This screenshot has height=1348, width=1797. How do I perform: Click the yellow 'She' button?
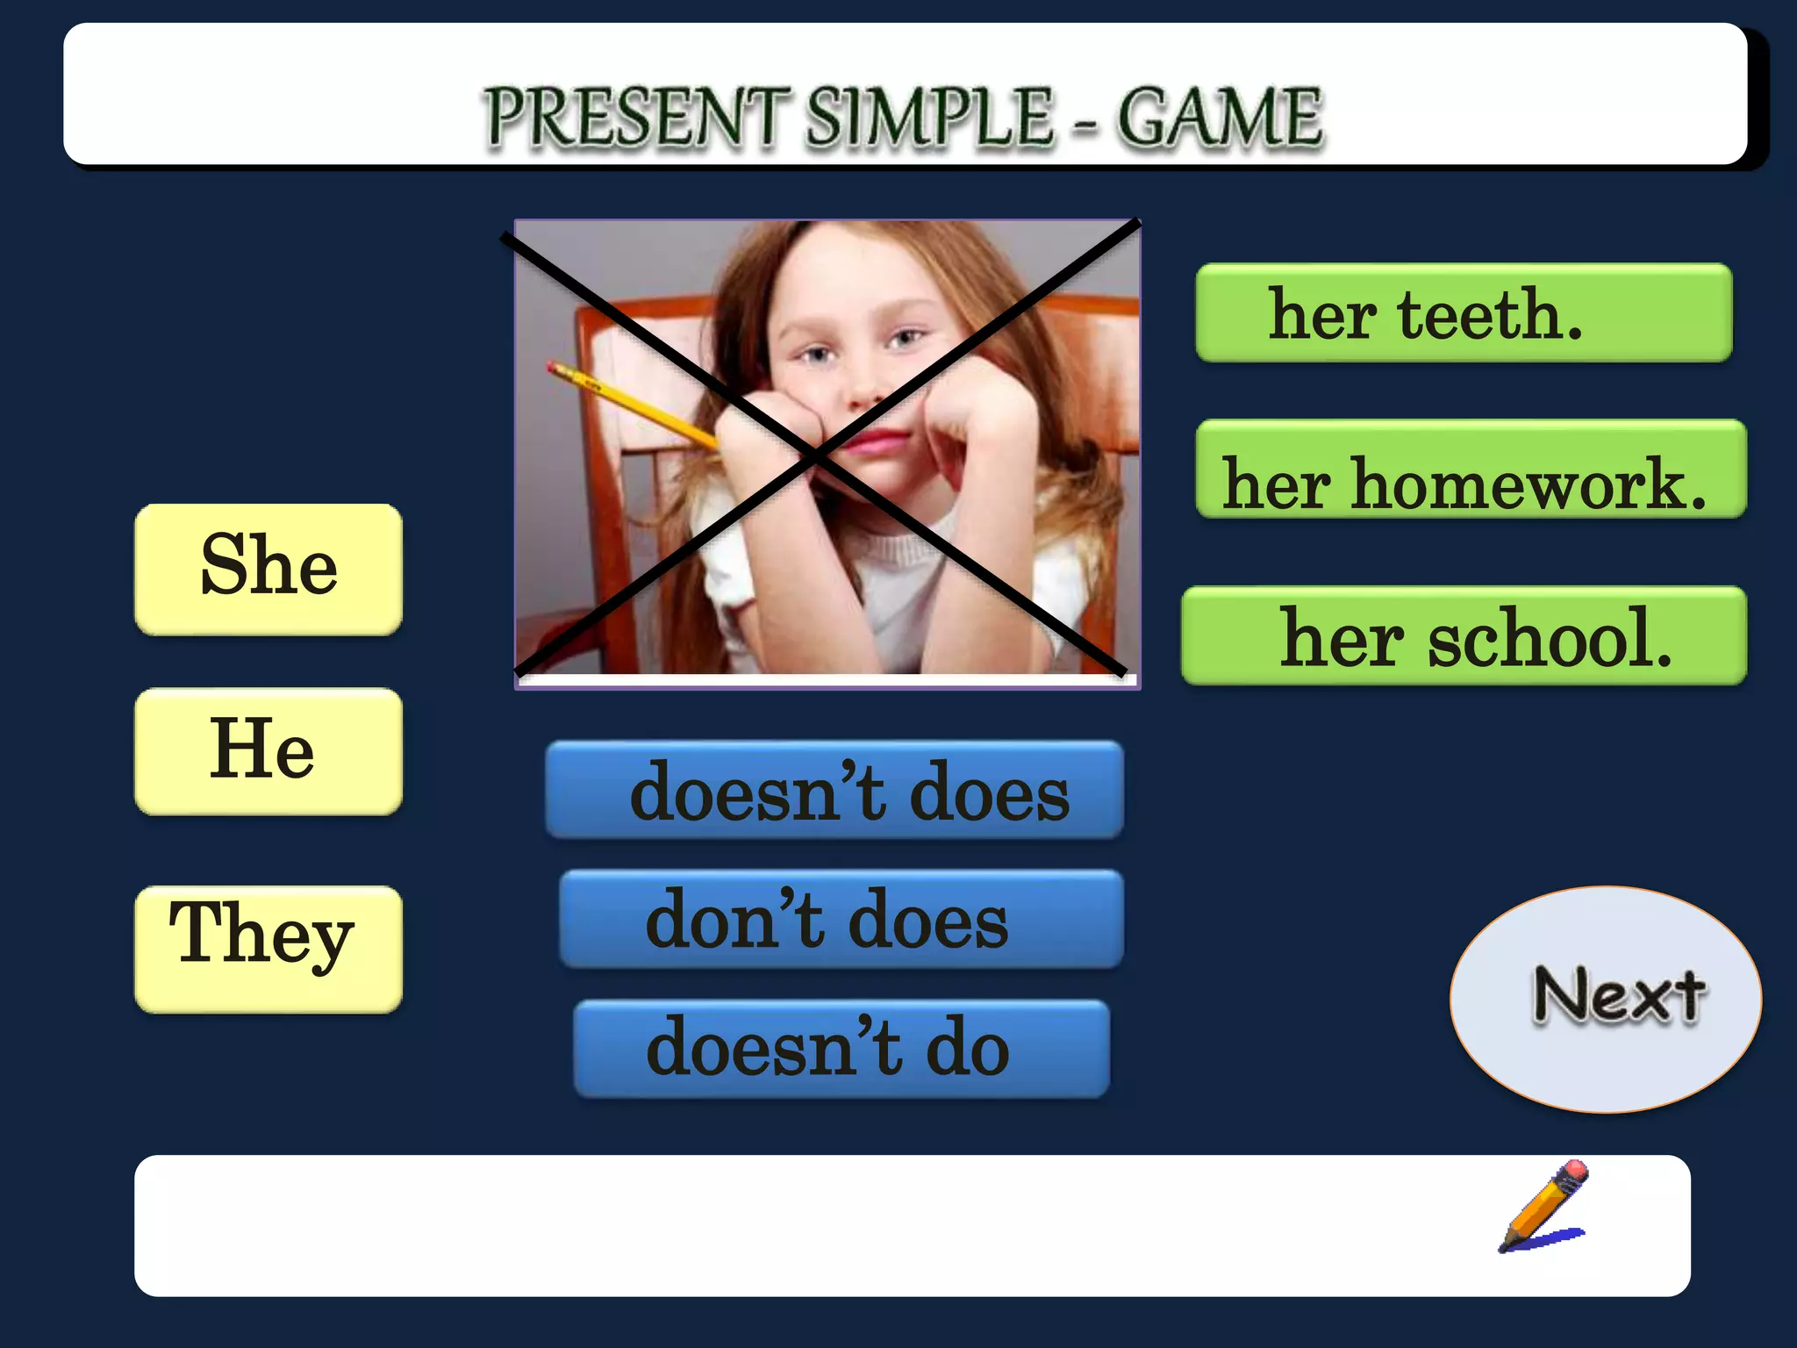click(268, 569)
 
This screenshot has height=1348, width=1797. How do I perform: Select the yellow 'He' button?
click(268, 751)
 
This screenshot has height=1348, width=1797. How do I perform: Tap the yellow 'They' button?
click(268, 948)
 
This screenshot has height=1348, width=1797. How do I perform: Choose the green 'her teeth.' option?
click(1464, 312)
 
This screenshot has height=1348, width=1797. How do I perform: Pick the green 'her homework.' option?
click(1471, 470)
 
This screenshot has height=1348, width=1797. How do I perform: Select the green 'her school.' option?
click(1464, 635)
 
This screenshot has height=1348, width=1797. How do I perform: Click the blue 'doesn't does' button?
click(834, 790)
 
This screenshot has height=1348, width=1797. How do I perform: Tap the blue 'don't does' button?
click(841, 919)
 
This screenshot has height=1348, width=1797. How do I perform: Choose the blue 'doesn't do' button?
click(841, 1048)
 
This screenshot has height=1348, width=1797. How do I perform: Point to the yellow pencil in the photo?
click(632, 405)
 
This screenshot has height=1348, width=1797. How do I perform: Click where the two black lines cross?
click(816, 455)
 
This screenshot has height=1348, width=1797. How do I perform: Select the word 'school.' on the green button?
click(1550, 639)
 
